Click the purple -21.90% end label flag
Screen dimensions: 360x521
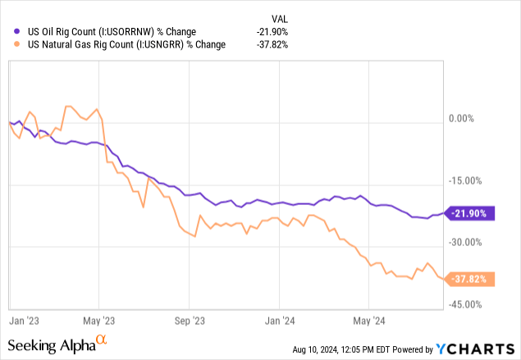(468, 213)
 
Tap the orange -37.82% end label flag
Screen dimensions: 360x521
(468, 279)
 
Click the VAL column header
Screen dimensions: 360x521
(279, 18)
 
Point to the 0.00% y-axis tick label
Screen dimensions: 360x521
(462, 120)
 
